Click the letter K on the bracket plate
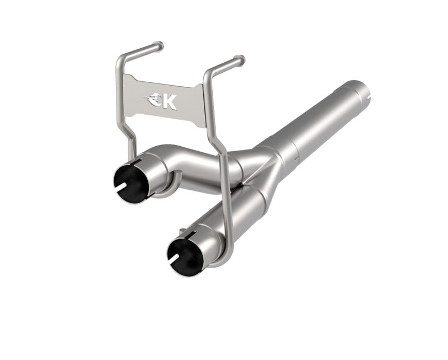[x=170, y=102]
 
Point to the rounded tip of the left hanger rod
[x=160, y=44]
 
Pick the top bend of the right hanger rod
[x=208, y=73]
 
